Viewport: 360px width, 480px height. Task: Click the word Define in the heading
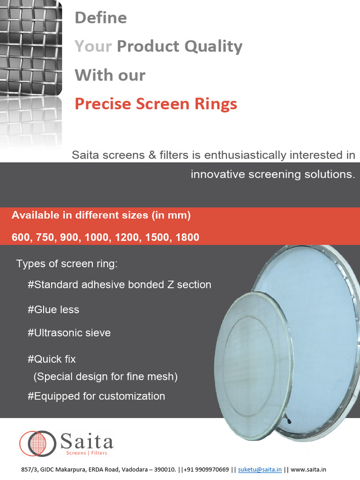[x=101, y=18]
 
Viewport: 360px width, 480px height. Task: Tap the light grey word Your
[x=93, y=46]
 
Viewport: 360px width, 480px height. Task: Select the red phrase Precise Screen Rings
[x=156, y=104]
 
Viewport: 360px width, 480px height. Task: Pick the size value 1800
[x=187, y=238]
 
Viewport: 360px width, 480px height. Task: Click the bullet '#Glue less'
[x=53, y=310]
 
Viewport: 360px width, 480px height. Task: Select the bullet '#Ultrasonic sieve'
[x=69, y=333]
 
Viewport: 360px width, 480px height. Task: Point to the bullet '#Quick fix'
[x=52, y=360]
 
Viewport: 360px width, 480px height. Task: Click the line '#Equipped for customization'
[x=97, y=397]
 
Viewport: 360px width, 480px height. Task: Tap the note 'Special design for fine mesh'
[x=105, y=377]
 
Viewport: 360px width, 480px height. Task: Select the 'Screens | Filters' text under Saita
[x=86, y=453]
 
